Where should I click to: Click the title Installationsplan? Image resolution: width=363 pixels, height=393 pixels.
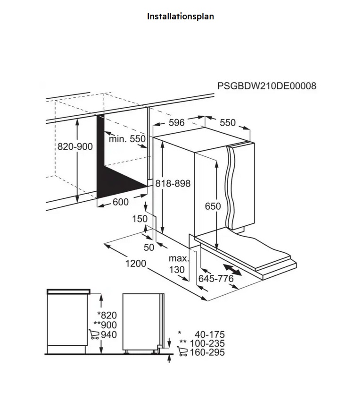[181, 16]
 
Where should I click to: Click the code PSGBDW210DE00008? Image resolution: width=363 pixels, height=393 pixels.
[267, 86]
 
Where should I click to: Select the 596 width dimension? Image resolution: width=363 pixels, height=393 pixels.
[177, 122]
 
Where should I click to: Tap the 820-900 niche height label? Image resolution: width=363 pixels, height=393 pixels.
[75, 146]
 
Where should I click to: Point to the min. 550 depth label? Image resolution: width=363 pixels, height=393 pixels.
[127, 138]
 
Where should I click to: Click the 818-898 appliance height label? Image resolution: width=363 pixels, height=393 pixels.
[173, 183]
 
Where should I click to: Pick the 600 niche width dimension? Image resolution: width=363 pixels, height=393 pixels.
[121, 202]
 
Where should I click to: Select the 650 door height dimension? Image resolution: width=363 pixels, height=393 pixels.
[213, 206]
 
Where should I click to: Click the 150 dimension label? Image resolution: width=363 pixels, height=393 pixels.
[140, 219]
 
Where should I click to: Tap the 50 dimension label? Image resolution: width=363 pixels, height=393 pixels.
[149, 248]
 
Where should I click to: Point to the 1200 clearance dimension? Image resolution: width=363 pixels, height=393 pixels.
[136, 264]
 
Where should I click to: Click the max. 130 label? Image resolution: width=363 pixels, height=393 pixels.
[179, 264]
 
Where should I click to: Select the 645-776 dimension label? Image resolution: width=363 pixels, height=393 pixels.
[216, 279]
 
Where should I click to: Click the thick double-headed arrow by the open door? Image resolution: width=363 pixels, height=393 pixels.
[232, 270]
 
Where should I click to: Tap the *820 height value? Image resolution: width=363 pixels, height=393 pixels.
[107, 315]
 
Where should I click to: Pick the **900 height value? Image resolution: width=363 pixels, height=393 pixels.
[105, 325]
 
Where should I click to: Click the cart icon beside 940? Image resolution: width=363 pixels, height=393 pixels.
[94, 334]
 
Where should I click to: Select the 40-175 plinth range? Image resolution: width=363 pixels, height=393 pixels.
[210, 334]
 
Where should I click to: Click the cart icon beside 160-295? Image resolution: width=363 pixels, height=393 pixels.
[182, 351]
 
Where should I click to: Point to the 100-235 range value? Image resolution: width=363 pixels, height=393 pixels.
[207, 343]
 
